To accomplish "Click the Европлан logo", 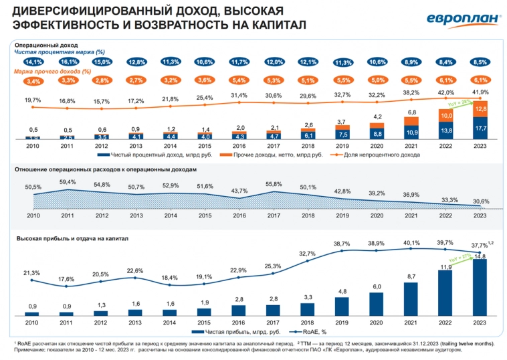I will coord(461,20).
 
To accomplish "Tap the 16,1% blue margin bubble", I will coord(67,62).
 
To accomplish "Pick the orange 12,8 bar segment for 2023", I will coord(479,109).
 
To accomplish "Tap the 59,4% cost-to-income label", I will coord(67,181).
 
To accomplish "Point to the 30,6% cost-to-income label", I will coord(479,201).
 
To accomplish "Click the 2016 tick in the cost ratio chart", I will coord(239,215).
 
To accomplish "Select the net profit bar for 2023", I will coord(479,288).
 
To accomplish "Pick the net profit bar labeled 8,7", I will coord(411,299).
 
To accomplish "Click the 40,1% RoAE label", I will coord(411,243).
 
